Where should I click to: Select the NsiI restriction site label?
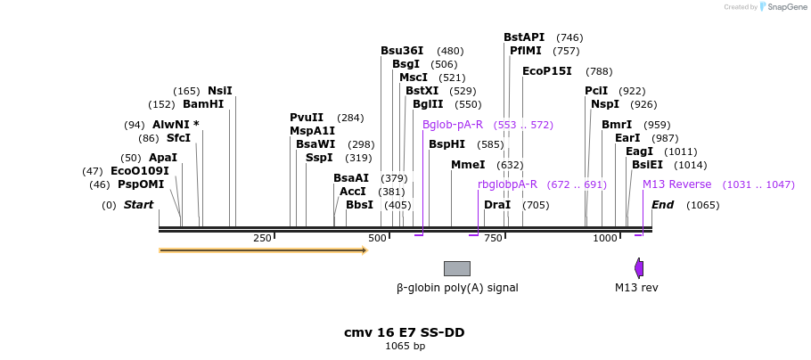point(220,91)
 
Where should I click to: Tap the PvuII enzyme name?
point(307,118)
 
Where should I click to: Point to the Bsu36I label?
point(402,51)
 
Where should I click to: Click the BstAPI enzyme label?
point(524,37)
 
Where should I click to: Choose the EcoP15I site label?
point(547,71)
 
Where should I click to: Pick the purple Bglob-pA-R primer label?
point(453,125)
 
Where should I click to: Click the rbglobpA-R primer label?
point(507,184)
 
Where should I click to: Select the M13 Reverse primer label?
point(677,184)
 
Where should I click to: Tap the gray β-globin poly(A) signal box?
point(457,268)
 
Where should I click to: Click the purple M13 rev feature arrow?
point(639,268)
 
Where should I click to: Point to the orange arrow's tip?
point(365,250)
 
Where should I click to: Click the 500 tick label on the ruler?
point(378,239)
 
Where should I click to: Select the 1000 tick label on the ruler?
point(605,239)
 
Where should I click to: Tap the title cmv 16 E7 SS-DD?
point(405,332)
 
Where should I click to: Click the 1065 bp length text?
point(405,346)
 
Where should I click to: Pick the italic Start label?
point(138,205)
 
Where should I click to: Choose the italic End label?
point(662,205)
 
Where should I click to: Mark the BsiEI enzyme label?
point(647,165)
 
